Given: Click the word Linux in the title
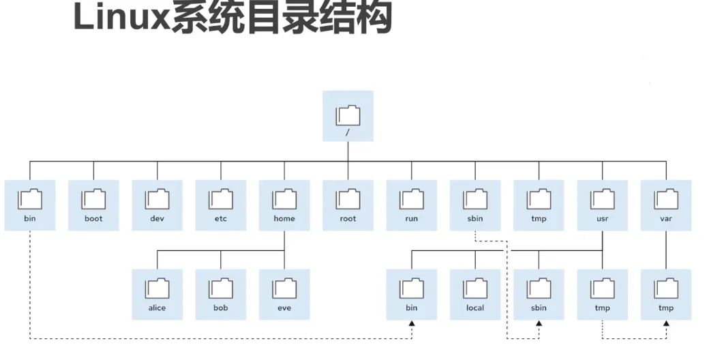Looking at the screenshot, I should tap(121, 18).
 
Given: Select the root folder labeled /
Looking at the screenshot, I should tap(348, 116).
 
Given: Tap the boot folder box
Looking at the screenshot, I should tap(93, 205).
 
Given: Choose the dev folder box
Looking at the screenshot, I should tap(157, 205).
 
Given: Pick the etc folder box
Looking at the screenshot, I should tap(221, 205).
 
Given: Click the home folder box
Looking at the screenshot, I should tap(284, 205).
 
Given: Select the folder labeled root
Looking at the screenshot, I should tap(348, 205).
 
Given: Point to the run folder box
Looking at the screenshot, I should tap(411, 205).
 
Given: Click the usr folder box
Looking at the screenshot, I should tap(603, 205).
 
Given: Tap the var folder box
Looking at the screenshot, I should tap(666, 205).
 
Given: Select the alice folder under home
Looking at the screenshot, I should tap(157, 294).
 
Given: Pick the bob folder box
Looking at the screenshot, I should tap(221, 294).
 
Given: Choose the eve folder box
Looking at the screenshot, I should tap(284, 294).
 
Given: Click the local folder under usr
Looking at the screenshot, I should tap(475, 294).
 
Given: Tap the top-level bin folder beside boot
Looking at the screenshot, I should tap(30, 205).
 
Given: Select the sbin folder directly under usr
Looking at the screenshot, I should tap(539, 294).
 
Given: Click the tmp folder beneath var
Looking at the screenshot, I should tap(666, 294).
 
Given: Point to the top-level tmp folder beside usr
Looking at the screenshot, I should tap(539, 205).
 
